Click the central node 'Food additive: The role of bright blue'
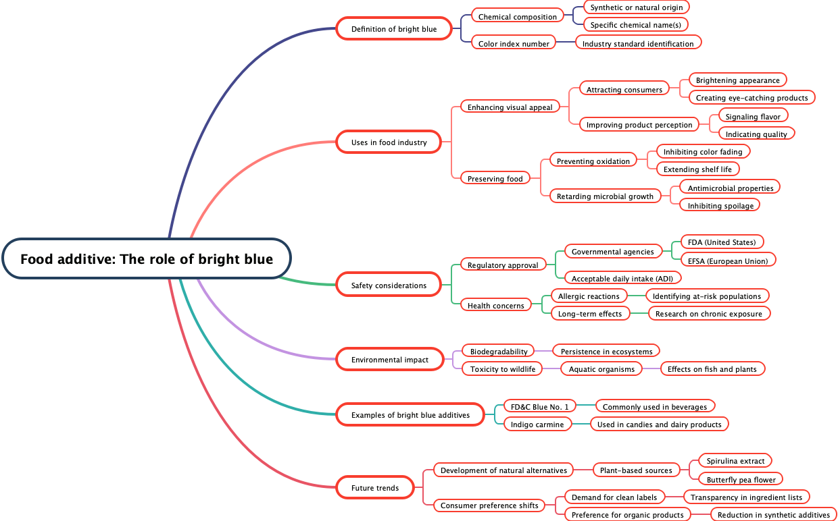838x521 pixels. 147,259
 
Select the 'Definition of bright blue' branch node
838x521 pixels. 394,29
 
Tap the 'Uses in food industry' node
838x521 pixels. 389,142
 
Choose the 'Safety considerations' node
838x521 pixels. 389,285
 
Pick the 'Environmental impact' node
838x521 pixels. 389,360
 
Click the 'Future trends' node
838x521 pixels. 374,488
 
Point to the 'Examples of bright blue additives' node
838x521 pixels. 410,415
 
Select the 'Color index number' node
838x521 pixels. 514,44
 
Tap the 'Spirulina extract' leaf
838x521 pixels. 735,461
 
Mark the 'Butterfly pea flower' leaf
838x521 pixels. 741,480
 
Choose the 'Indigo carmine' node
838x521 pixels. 537,424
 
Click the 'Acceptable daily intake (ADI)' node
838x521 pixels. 622,279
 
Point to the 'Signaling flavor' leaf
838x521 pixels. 753,117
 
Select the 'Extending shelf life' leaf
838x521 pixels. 697,169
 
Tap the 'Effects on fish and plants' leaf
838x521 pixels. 712,369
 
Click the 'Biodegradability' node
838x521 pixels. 499,352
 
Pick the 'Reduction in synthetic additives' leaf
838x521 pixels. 773,515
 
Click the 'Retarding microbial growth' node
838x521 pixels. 605,196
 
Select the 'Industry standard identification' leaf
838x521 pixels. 638,44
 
